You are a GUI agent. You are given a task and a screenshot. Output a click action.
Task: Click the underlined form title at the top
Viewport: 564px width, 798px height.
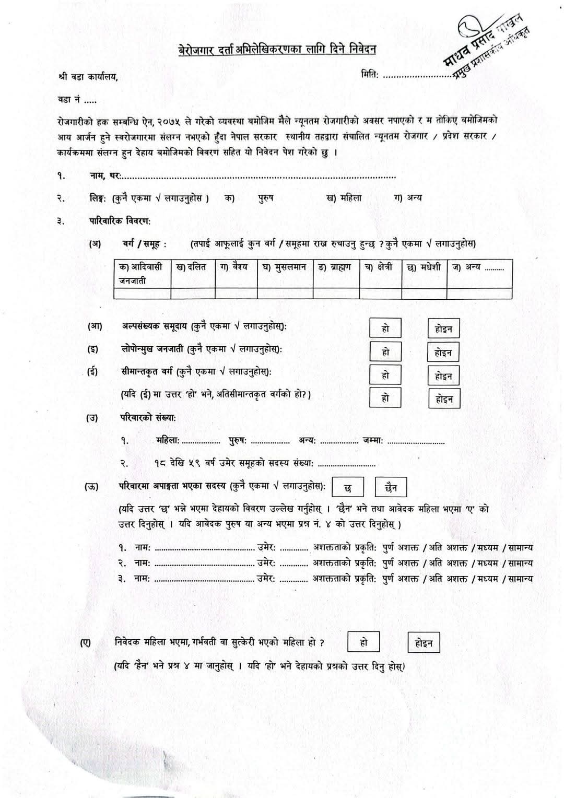[x=277, y=50]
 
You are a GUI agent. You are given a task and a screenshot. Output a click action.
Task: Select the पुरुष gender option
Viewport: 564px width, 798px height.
[x=266, y=198]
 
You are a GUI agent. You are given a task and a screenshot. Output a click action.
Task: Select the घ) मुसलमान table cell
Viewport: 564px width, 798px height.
[x=285, y=268]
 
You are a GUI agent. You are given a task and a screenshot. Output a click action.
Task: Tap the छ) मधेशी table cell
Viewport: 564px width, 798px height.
[x=424, y=268]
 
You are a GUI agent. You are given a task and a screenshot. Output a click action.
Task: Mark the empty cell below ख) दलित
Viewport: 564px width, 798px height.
[x=193, y=293]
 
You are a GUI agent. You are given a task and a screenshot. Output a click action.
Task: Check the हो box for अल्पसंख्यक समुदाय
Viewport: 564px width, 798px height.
[x=385, y=328]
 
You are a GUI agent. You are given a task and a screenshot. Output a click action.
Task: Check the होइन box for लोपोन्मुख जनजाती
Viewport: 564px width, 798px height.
[x=443, y=353]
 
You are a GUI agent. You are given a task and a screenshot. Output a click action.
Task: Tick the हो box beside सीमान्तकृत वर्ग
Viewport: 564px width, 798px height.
[x=385, y=375]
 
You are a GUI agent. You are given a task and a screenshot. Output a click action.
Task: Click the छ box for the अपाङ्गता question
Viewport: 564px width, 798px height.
[x=348, y=488]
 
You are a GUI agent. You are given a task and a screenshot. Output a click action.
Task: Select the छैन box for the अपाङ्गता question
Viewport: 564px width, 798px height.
[x=391, y=488]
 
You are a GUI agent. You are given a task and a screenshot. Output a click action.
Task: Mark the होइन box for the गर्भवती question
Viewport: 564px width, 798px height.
[x=424, y=643]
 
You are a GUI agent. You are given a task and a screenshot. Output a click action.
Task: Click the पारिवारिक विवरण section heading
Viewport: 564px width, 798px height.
[x=120, y=221]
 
